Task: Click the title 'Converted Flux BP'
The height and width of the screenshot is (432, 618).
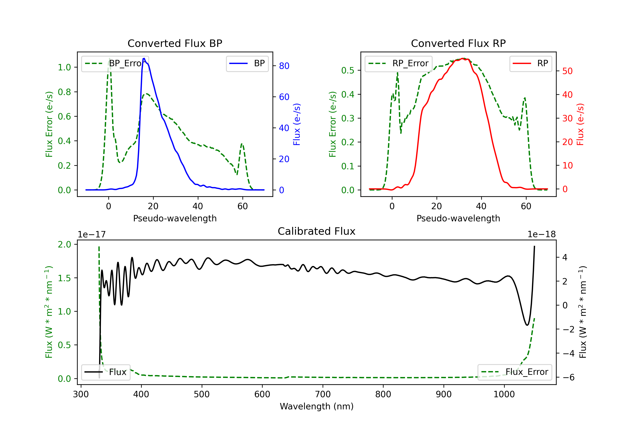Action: point(175,43)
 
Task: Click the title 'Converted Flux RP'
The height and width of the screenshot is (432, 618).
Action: point(458,43)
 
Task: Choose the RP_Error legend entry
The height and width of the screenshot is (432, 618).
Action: point(398,63)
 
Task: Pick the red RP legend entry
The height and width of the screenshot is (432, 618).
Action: point(530,63)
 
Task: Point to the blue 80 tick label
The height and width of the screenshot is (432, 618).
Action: point(284,66)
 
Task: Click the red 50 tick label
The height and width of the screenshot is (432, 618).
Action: point(567,71)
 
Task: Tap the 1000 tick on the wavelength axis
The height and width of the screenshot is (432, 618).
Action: point(504,394)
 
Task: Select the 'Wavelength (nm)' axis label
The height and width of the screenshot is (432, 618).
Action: point(317,406)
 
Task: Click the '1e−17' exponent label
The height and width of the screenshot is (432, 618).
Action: point(91,235)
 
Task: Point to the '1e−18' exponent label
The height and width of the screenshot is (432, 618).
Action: point(541,235)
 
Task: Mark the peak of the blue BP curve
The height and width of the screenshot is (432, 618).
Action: point(144,59)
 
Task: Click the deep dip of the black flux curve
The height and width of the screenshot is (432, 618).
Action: point(527,325)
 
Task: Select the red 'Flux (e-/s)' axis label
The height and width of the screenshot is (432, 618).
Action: point(580,124)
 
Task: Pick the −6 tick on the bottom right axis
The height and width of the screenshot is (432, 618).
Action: point(568,377)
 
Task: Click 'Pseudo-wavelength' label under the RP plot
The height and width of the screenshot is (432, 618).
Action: point(458,218)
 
